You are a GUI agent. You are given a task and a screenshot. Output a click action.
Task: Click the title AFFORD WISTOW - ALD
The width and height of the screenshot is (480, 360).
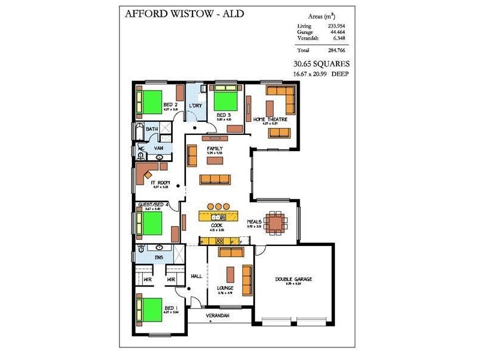click(184, 13)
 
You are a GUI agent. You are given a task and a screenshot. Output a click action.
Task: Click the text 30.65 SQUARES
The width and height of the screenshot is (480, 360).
click(321, 64)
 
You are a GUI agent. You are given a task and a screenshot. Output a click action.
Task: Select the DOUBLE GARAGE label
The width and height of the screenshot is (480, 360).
click(293, 279)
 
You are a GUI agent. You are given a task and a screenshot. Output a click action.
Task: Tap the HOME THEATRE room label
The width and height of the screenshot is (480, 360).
click(270, 119)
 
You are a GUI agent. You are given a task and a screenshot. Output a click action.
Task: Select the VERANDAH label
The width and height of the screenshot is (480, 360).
click(218, 314)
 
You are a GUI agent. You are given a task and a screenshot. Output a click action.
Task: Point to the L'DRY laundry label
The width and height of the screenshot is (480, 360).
click(195, 106)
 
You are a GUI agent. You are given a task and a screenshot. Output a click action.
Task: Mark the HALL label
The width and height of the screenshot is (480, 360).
click(196, 277)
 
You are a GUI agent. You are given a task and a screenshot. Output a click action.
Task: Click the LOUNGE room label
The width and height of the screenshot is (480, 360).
click(225, 288)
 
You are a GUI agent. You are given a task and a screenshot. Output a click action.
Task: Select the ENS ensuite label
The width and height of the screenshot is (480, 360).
click(159, 257)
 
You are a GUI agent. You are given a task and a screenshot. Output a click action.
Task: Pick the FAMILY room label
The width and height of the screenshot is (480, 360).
click(215, 148)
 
